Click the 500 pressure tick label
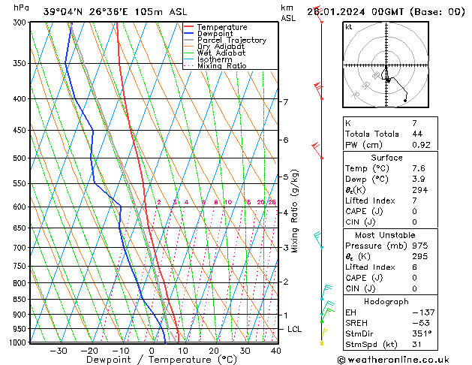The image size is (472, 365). [20, 158]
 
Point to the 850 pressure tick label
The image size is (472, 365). [20, 299]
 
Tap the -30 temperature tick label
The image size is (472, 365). [58, 351]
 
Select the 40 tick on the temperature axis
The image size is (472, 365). [275, 351]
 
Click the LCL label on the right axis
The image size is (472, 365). [295, 329]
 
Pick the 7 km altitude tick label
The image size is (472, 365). [285, 101]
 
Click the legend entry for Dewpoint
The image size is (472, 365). [216, 34]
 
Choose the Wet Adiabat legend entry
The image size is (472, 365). [221, 53]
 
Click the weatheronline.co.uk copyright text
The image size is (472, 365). [403, 359]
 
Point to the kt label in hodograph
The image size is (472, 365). [349, 26]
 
